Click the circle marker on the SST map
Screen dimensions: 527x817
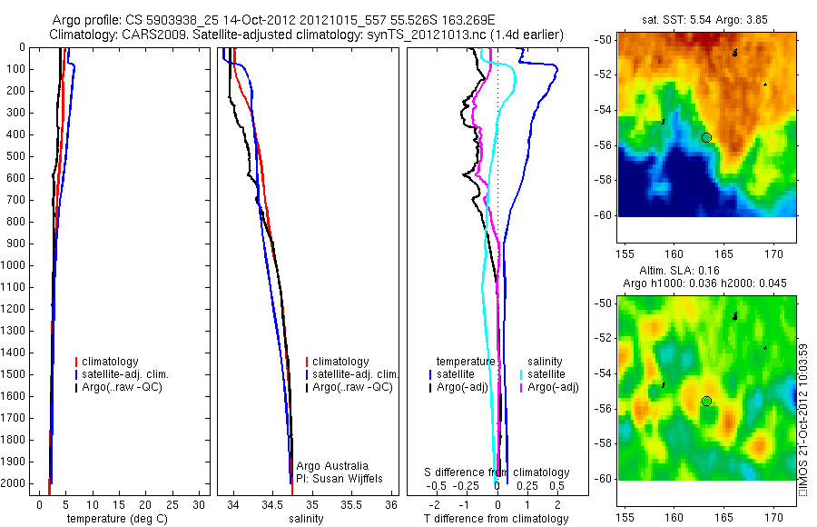(x=706, y=137)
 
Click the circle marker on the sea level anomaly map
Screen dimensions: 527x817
(x=706, y=401)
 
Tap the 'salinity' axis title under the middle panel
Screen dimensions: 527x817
(x=305, y=519)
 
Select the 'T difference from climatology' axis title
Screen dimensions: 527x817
(x=497, y=519)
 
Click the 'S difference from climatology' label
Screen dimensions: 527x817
(x=497, y=472)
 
